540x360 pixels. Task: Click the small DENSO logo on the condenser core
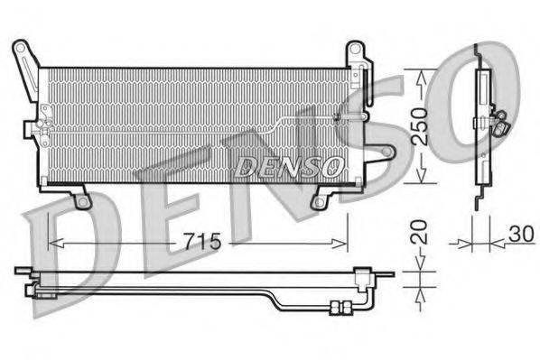pos(288,166)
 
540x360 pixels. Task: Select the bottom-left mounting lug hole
pos(83,200)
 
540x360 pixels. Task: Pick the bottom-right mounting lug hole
pos(320,200)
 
